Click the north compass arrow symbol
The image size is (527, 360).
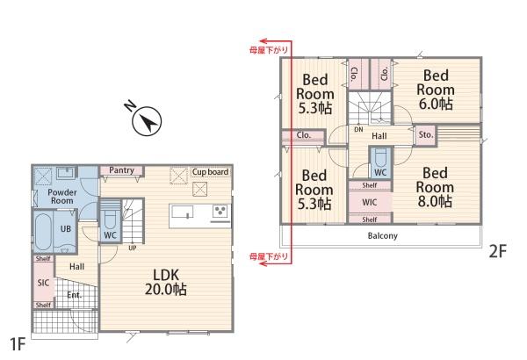click(x=147, y=121)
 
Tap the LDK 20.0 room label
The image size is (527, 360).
click(x=166, y=282)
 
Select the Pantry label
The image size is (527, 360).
click(x=121, y=170)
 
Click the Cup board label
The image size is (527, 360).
click(x=210, y=172)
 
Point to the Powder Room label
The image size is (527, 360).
click(x=62, y=197)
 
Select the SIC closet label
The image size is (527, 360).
click(x=43, y=283)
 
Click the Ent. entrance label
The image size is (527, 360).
click(x=75, y=295)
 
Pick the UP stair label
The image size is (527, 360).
click(x=133, y=248)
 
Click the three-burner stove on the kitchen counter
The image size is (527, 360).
click(x=220, y=212)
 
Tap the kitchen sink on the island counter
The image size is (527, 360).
click(x=183, y=212)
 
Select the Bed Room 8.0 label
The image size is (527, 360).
click(x=435, y=188)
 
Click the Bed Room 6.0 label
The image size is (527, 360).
click(x=436, y=90)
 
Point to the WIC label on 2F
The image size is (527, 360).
click(x=370, y=202)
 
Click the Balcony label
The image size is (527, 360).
click(x=382, y=235)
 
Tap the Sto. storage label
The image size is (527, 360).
click(x=426, y=135)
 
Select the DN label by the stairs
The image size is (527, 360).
click(x=358, y=129)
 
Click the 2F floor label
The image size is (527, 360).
click(x=497, y=251)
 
